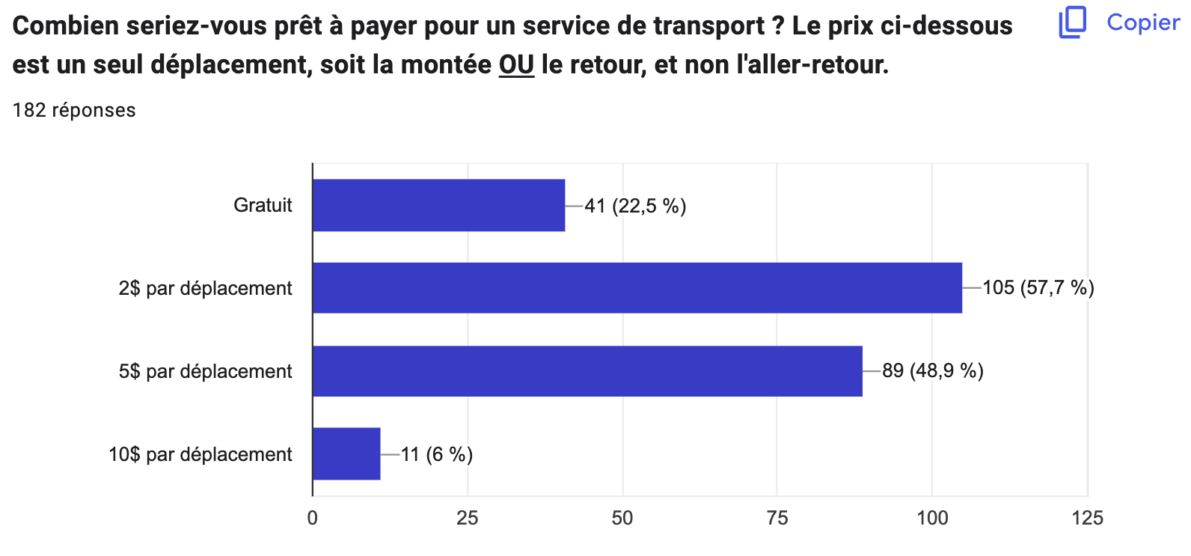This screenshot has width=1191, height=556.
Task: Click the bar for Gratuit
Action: [x=438, y=205]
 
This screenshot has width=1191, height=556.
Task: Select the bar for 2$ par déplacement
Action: [x=637, y=287]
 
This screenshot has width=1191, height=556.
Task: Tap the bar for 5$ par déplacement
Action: [x=587, y=371]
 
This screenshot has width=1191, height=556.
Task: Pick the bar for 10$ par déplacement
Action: [x=346, y=453]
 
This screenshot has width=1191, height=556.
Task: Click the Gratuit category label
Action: [x=263, y=205]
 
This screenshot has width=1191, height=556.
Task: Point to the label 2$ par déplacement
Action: [x=205, y=288]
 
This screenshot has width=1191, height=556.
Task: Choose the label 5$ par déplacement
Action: [x=205, y=371]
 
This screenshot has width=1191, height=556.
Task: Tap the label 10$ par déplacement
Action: [x=200, y=454]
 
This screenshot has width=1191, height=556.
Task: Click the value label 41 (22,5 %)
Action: [x=635, y=206]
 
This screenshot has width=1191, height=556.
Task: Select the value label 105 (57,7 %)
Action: [x=1038, y=287]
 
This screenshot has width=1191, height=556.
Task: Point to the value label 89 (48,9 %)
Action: [x=932, y=370]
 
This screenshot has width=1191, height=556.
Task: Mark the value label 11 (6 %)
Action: [x=437, y=454]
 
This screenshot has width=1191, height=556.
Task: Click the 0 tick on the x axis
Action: [x=313, y=518]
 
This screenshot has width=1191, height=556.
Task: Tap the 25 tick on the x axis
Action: [x=468, y=518]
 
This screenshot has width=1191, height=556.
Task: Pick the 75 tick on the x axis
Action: [x=777, y=518]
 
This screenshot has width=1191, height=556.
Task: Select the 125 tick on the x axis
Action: [x=1087, y=518]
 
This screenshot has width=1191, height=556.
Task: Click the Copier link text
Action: [x=1143, y=22]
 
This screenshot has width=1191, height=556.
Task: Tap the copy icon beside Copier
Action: [x=1073, y=22]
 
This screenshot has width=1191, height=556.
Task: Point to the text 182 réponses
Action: [x=74, y=110]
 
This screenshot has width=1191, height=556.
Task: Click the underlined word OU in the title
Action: [x=516, y=65]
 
